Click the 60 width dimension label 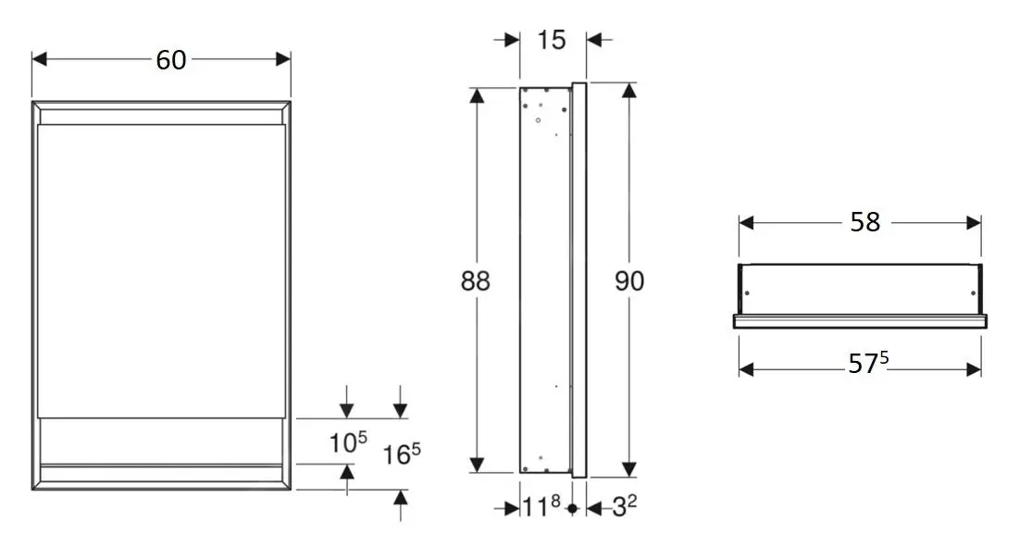(170, 60)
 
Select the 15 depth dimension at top (552, 40)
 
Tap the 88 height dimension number (476, 281)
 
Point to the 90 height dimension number (629, 281)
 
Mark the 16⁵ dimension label (402, 453)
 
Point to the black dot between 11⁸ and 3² (572, 508)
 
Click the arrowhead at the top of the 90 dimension (629, 91)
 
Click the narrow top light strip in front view (161, 117)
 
